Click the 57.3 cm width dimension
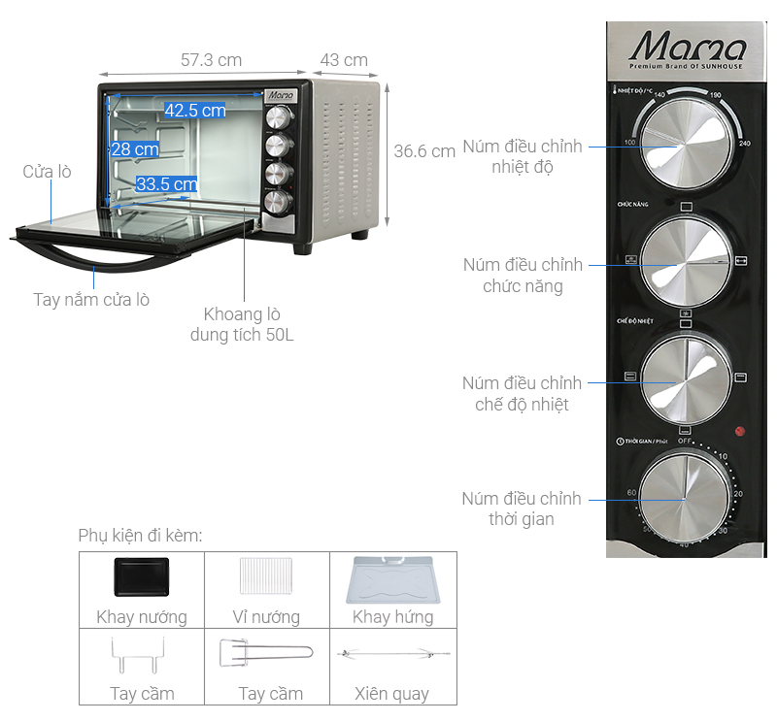point(211,60)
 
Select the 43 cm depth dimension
point(344,60)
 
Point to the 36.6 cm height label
point(424,151)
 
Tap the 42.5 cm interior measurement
point(194,111)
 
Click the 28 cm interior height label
point(134,149)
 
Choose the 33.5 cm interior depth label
point(166,184)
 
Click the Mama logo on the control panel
point(688,49)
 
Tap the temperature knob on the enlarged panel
point(684,146)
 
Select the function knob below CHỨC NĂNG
point(684,260)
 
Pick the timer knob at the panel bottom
point(684,498)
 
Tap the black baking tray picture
point(141,579)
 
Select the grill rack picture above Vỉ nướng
point(267,579)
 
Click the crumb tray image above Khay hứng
point(393,579)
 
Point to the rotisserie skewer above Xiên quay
point(393,655)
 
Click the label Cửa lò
point(48,172)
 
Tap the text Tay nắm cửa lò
point(91,299)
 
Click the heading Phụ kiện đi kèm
point(141,536)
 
